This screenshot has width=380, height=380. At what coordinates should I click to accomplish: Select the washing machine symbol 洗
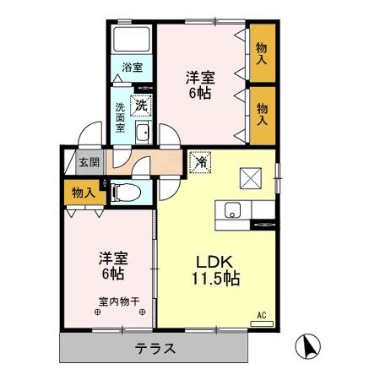pyautogui.click(x=142, y=106)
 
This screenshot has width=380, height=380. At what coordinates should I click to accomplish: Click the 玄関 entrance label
pyautogui.click(x=90, y=163)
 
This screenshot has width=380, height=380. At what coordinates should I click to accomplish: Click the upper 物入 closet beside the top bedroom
pyautogui.click(x=262, y=55)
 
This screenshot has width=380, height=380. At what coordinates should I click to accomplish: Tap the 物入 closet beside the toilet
pyautogui.click(x=81, y=193)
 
